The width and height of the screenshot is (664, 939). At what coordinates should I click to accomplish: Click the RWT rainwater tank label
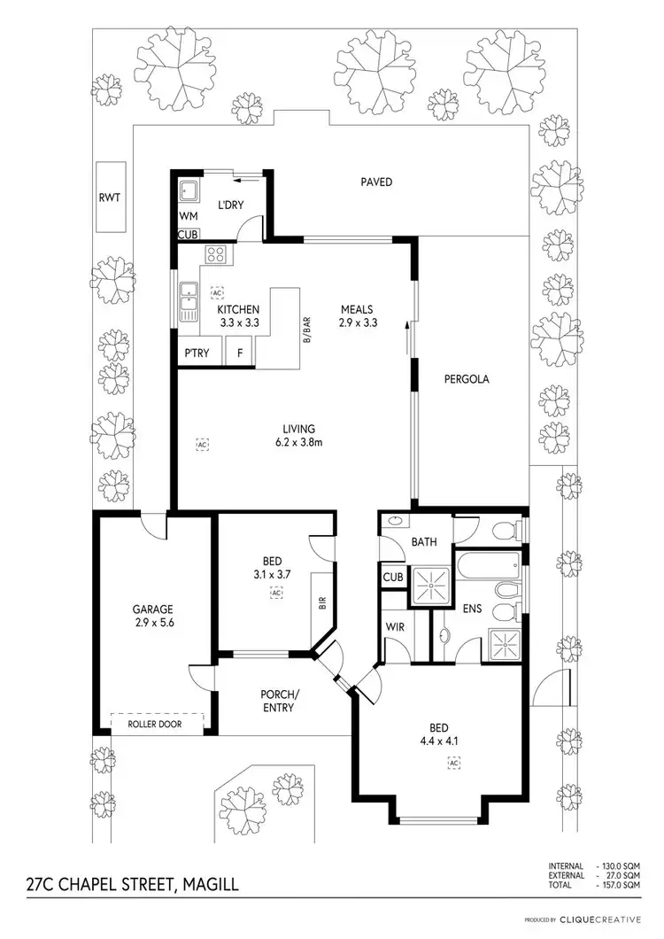tap(110, 198)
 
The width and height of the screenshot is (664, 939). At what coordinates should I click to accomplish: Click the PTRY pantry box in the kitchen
tap(196, 353)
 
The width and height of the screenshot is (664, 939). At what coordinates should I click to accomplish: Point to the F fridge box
tap(239, 353)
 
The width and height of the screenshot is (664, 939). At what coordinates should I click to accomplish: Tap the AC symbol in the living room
tap(202, 443)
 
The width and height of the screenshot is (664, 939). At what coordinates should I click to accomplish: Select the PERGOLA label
tap(467, 378)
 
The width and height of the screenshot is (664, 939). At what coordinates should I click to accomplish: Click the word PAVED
tap(375, 182)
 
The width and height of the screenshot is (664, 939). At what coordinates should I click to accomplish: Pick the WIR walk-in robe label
tap(395, 627)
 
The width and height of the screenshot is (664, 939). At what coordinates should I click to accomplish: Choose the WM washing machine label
tap(188, 215)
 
